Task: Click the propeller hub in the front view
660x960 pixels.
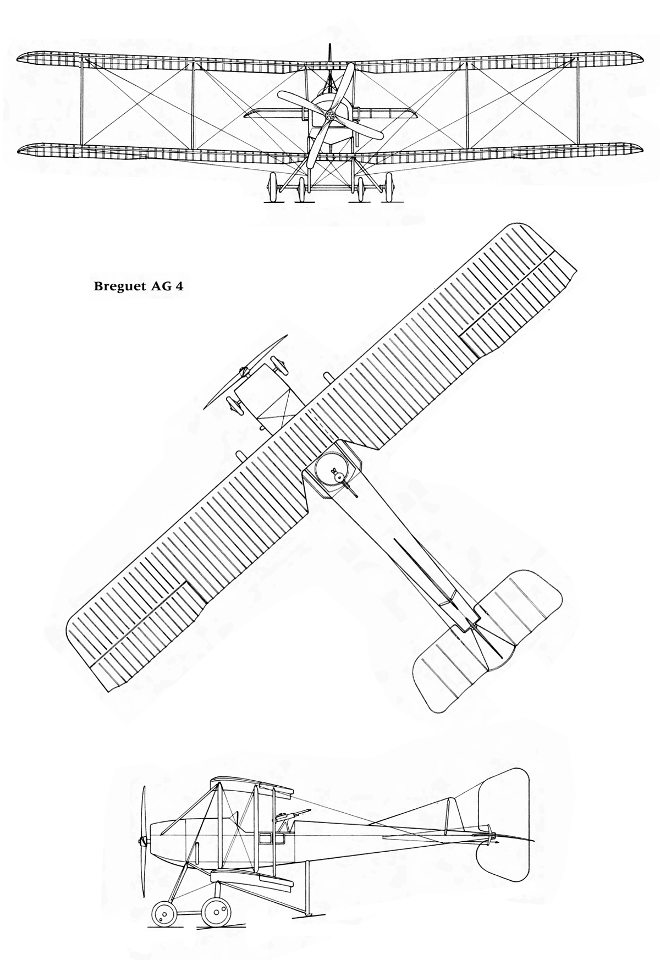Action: pyautogui.click(x=330, y=114)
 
